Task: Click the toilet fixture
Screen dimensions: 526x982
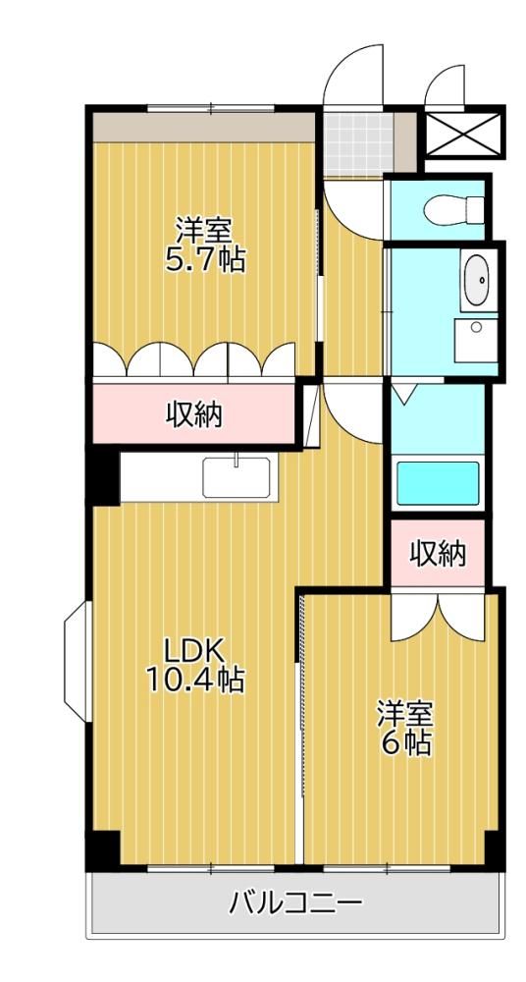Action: [454, 208]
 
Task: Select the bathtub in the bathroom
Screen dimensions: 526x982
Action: [439, 483]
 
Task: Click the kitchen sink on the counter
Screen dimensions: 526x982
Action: [237, 476]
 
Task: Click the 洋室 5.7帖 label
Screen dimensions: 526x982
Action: [204, 245]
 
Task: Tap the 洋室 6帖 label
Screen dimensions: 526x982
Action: [404, 729]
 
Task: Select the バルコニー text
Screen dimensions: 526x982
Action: [295, 903]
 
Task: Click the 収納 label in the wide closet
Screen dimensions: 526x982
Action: [194, 414]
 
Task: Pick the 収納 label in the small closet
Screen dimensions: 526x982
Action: [439, 554]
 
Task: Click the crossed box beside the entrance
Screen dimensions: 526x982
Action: [464, 134]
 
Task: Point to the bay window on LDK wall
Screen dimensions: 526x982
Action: [78, 661]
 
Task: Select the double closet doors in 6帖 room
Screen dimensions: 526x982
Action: [438, 617]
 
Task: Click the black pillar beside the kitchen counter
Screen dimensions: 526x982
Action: [105, 477]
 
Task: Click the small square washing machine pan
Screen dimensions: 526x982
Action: [476, 340]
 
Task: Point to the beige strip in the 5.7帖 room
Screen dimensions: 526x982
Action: [203, 127]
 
